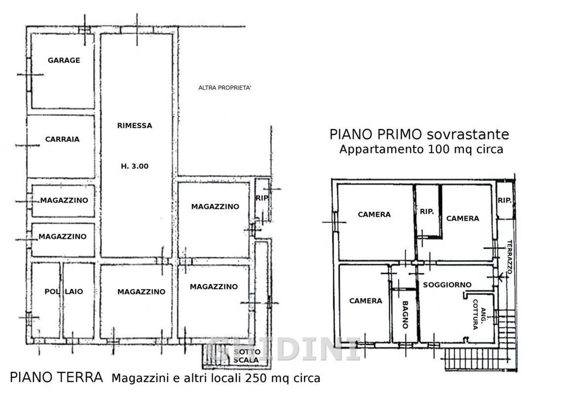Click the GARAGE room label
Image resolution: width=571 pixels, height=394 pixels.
(x=63, y=60)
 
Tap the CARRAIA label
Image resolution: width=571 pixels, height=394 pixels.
(x=63, y=139)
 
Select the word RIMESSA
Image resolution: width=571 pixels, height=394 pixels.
(x=135, y=126)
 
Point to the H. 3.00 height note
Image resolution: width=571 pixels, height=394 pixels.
(x=135, y=166)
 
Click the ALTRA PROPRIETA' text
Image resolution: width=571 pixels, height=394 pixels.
(x=224, y=88)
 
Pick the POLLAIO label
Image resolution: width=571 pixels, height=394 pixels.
(x=63, y=292)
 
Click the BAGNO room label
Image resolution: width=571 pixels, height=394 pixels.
(x=405, y=315)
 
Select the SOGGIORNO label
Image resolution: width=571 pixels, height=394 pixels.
(x=447, y=285)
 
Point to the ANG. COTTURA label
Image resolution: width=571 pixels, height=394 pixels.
(x=479, y=314)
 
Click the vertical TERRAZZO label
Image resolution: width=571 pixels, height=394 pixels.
(x=509, y=257)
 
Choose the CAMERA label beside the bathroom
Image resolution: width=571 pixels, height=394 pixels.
(x=366, y=301)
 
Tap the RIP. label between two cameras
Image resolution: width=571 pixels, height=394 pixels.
(x=427, y=211)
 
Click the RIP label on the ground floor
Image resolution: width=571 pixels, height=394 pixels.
(x=262, y=198)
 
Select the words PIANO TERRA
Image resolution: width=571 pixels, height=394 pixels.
(x=57, y=377)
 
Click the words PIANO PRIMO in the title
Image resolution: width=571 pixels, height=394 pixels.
(x=376, y=134)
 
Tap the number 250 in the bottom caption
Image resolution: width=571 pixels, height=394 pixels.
(x=256, y=378)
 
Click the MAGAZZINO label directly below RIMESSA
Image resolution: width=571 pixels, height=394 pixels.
(x=141, y=292)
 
